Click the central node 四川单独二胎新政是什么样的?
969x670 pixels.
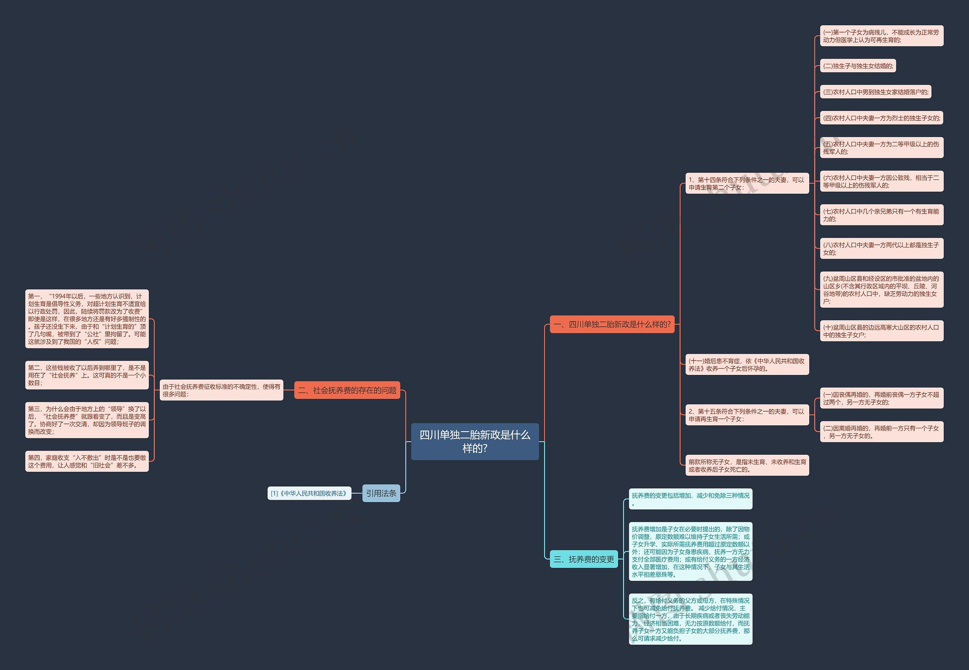[475, 441]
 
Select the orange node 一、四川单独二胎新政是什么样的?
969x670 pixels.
[612, 324]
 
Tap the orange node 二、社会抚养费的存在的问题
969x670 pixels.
[347, 390]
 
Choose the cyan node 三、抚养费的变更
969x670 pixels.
[583, 559]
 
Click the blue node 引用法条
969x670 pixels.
[381, 493]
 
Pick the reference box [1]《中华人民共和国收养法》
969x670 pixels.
[309, 493]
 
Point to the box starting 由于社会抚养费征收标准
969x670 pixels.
[221, 390]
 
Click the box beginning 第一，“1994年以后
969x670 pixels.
[87, 319]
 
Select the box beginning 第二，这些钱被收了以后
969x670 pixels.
[87, 375]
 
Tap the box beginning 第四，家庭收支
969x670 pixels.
[87, 462]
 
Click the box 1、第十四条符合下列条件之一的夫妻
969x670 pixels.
[747, 183]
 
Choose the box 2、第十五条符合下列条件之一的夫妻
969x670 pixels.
[747, 415]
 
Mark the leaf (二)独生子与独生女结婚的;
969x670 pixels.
[858, 66]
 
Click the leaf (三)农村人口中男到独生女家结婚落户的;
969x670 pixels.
[876, 92]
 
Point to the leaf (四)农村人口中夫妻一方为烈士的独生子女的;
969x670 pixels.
[881, 118]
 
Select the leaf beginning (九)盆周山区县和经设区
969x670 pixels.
[881, 290]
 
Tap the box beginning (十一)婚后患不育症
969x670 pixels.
[747, 365]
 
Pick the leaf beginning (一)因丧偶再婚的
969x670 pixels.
[881, 398]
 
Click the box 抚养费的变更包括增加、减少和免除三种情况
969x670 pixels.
[690, 499]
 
